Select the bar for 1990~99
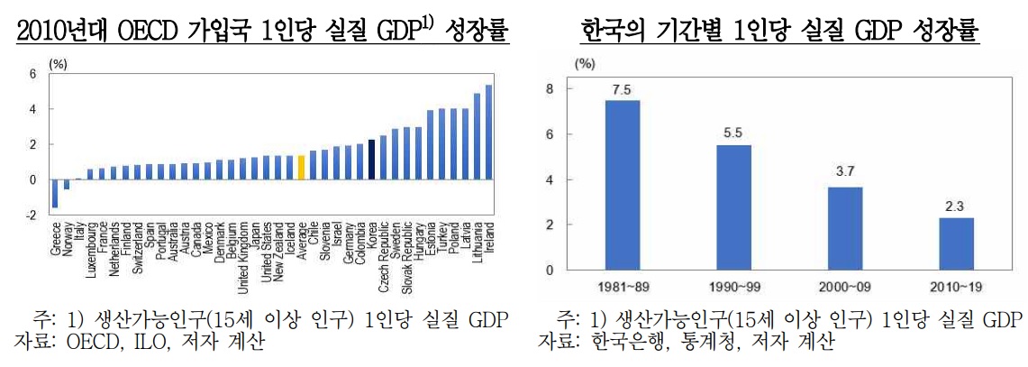(x=733, y=207)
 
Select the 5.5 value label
(x=733, y=133)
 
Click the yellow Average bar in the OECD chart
(x=301, y=168)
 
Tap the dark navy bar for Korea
(x=371, y=160)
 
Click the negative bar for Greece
(x=55, y=194)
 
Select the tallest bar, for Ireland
(x=488, y=133)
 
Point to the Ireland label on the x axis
(x=489, y=238)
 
